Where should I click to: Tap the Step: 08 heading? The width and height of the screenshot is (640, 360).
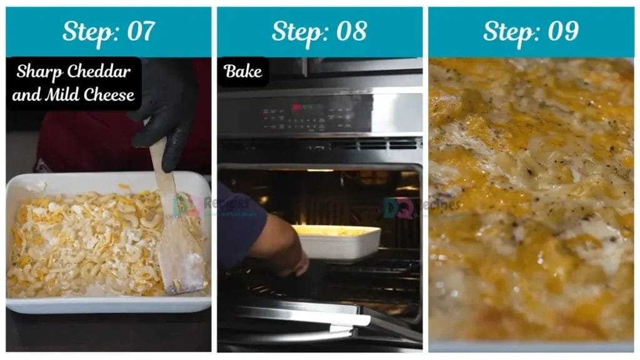[319, 31]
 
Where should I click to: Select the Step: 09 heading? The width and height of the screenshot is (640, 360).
[530, 31]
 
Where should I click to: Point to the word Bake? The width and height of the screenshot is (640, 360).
[242, 71]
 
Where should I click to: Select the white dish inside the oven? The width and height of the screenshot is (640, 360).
[341, 242]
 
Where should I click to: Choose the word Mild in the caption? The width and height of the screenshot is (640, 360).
[64, 95]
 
